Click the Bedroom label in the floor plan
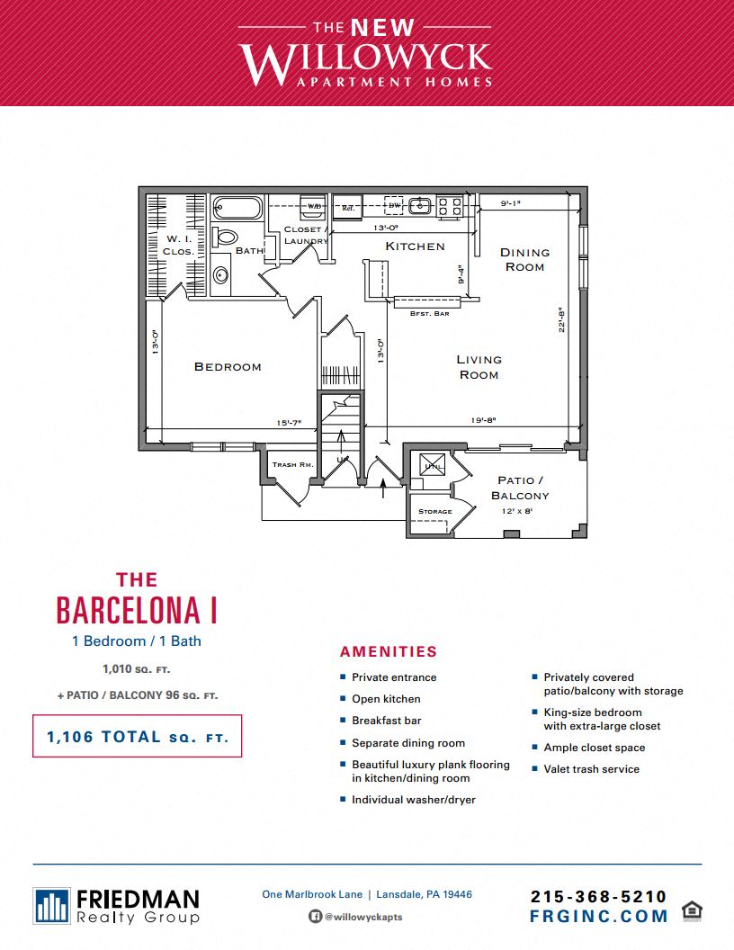click(228, 366)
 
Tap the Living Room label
click(479, 367)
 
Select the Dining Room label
click(524, 259)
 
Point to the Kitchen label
click(415, 246)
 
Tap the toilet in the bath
click(226, 238)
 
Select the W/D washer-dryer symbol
click(314, 206)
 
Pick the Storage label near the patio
click(435, 511)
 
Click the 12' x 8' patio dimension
click(518, 510)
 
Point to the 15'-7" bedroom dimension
click(289, 422)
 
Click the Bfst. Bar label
click(429, 313)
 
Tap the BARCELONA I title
click(137, 610)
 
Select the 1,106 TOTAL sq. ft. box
click(137, 737)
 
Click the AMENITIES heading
click(389, 652)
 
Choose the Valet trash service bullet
click(591, 769)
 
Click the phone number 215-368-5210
click(599, 896)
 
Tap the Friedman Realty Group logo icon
click(52, 905)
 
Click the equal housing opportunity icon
click(692, 910)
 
